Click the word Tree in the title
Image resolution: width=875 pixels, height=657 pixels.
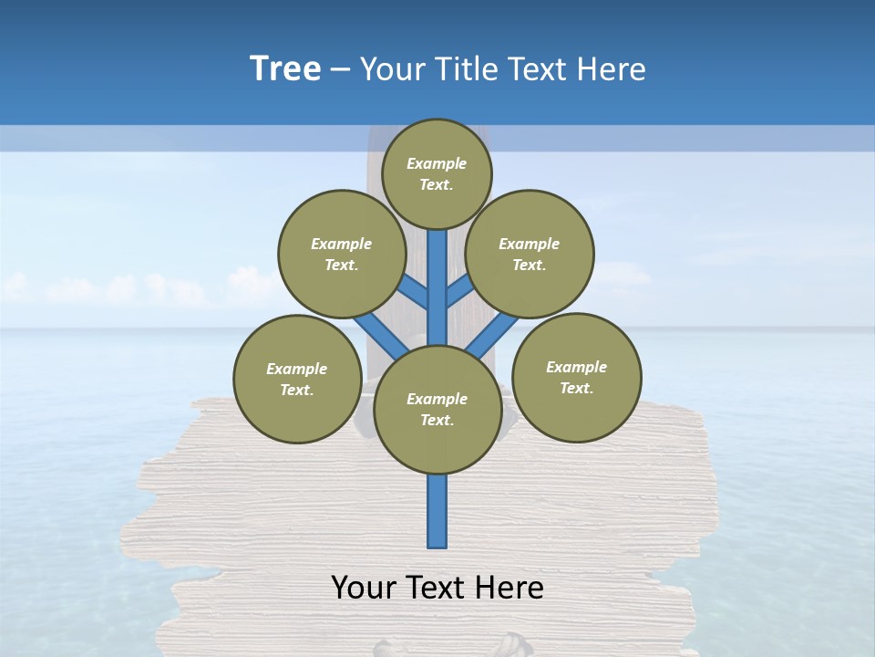pos(285,69)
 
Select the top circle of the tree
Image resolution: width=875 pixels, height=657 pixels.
pos(437,173)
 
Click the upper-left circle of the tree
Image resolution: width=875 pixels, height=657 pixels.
pos(341,254)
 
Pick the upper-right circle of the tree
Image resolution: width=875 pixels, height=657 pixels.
pos(530,254)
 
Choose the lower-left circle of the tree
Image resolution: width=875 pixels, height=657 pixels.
pos(297,379)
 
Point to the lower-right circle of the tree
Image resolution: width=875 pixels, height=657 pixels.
pos(576,377)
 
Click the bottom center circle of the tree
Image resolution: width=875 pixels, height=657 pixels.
pos(437,410)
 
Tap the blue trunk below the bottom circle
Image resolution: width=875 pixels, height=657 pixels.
pos(437,511)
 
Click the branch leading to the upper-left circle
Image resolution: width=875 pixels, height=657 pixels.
pos(414,294)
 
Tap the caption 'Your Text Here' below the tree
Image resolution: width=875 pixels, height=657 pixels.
pos(437,588)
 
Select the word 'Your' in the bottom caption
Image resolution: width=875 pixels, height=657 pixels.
pos(363,588)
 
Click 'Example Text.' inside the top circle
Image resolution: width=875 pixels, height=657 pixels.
pos(437,173)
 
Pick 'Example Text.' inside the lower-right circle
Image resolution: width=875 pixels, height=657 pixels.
pos(576,377)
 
